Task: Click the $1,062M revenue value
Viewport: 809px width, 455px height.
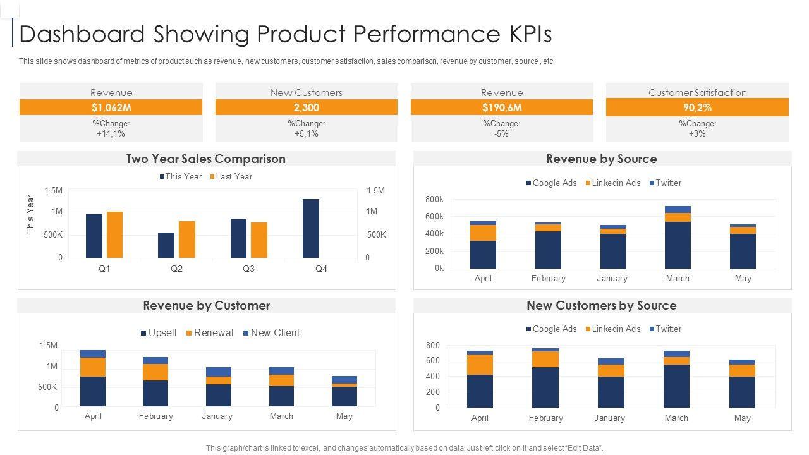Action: click(x=111, y=107)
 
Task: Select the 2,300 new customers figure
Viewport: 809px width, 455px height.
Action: click(x=307, y=107)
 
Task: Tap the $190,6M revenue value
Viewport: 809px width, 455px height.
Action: click(x=502, y=107)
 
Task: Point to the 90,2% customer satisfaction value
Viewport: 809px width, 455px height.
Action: click(x=697, y=107)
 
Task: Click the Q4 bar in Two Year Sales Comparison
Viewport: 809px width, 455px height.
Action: click(x=311, y=228)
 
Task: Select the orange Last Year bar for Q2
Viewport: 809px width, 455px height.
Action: click(x=187, y=240)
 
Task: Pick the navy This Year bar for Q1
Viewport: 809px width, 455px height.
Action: click(x=94, y=236)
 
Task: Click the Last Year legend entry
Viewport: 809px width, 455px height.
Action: click(x=231, y=177)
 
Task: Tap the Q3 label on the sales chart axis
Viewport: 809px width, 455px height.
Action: click(x=248, y=269)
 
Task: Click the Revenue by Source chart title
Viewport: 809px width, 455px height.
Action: click(x=601, y=159)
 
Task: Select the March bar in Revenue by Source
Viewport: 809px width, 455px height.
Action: click(x=678, y=237)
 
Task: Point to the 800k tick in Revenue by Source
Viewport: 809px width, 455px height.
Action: click(x=434, y=200)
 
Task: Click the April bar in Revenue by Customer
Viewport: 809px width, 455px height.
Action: click(x=93, y=378)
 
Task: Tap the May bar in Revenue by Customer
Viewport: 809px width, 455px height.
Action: click(x=344, y=391)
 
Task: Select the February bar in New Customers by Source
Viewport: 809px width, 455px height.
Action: click(x=545, y=378)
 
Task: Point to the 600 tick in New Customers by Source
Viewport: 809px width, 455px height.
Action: click(x=433, y=361)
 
